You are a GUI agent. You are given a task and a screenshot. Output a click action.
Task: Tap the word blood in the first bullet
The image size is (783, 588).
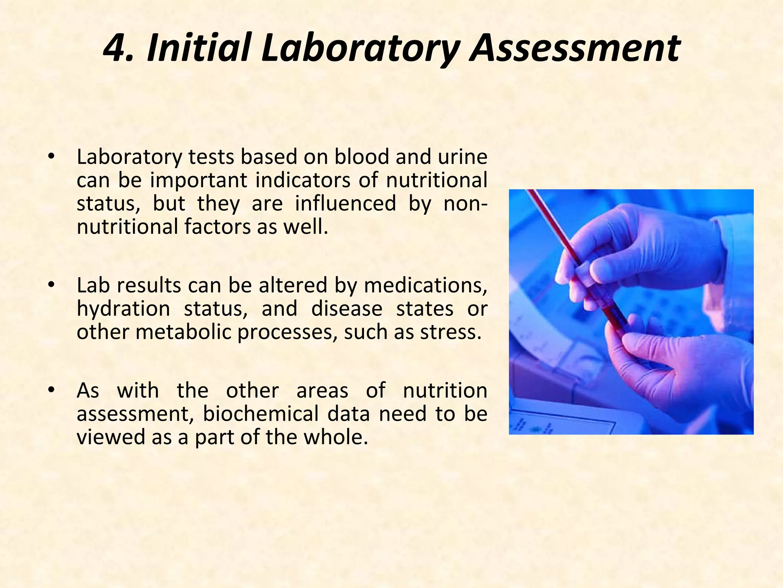click(362, 157)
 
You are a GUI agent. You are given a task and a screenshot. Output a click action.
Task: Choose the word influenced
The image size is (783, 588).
click(345, 203)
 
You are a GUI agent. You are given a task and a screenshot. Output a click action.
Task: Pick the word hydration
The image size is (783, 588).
click(123, 309)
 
